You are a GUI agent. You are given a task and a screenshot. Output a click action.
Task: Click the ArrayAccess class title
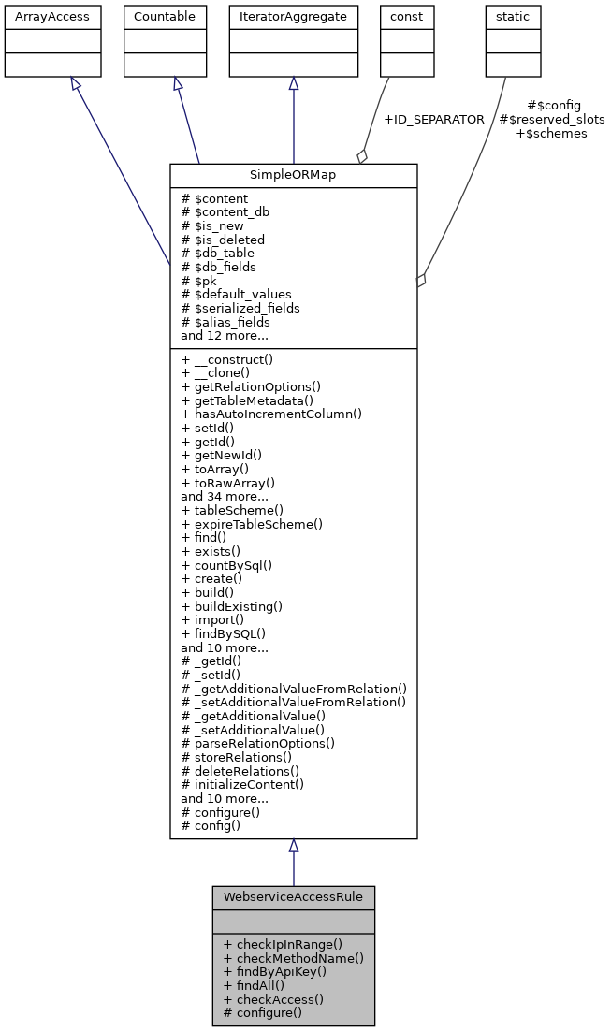[39, 17]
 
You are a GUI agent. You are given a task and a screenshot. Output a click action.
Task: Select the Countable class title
[165, 17]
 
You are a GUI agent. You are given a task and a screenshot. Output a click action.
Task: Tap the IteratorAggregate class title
[294, 17]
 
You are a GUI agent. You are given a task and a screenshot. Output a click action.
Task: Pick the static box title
[513, 17]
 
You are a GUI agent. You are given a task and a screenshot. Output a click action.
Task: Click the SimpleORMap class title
[293, 176]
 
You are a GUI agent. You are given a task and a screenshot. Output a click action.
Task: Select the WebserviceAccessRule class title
[293, 897]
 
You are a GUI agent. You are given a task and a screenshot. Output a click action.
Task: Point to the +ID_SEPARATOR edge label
[433, 120]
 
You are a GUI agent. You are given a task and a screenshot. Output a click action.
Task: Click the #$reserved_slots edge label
[551, 120]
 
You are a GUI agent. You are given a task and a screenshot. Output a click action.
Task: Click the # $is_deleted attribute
[223, 240]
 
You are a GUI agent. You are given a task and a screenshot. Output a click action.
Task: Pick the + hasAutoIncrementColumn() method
[271, 414]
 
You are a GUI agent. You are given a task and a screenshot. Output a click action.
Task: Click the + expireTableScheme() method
[252, 524]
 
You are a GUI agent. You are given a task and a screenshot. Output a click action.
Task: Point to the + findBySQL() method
[225, 633]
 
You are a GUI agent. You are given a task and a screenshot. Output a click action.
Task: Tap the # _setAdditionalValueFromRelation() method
[294, 702]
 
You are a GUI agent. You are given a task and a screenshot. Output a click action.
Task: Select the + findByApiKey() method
[275, 971]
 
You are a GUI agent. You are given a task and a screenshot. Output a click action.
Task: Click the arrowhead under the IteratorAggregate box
[294, 84]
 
